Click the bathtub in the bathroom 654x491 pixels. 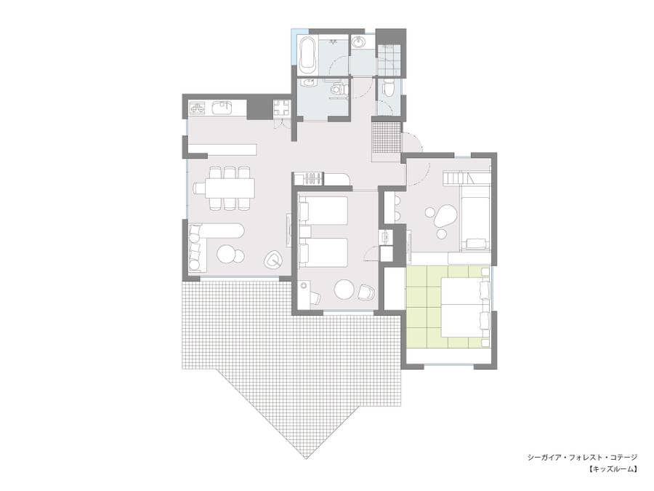click(309, 55)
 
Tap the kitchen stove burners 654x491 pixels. click(198, 108)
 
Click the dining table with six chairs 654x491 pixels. click(229, 188)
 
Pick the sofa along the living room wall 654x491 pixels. click(196, 247)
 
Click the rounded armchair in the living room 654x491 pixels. click(274, 260)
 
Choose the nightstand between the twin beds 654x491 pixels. click(305, 232)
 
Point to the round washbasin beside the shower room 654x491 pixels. click(358, 41)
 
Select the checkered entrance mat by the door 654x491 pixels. click(387, 137)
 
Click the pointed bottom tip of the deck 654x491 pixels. click(307, 459)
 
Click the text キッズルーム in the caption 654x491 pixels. click(613, 469)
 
